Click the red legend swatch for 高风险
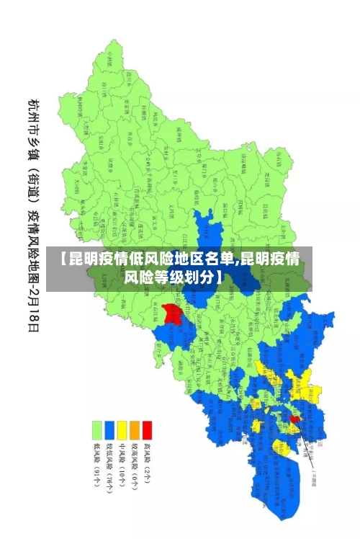147,430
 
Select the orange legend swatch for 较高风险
134,430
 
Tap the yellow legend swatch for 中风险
122,430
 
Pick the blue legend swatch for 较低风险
109,430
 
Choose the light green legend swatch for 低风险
96,430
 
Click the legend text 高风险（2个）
147,465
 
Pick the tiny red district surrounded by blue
294,419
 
